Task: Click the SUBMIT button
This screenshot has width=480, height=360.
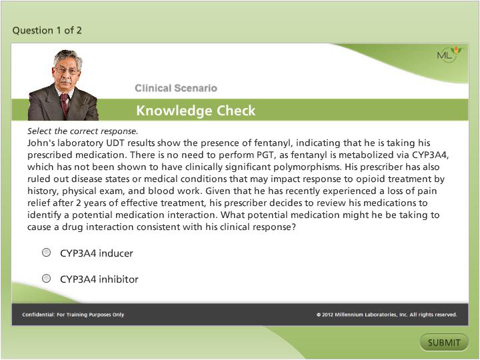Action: [x=444, y=343]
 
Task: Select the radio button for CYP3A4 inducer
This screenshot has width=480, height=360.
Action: [x=46, y=253]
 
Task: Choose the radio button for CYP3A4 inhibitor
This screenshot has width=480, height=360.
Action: [x=46, y=279]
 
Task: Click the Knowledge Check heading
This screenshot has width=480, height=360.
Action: [x=195, y=111]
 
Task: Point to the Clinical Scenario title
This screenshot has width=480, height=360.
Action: [x=175, y=88]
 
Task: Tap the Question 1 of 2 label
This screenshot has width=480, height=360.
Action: [x=47, y=30]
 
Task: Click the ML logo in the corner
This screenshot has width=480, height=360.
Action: [x=448, y=55]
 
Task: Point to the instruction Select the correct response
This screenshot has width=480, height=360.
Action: [x=83, y=131]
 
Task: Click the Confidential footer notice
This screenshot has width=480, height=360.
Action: [x=73, y=315]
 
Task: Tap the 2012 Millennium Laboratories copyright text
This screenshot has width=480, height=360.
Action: [x=387, y=315]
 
